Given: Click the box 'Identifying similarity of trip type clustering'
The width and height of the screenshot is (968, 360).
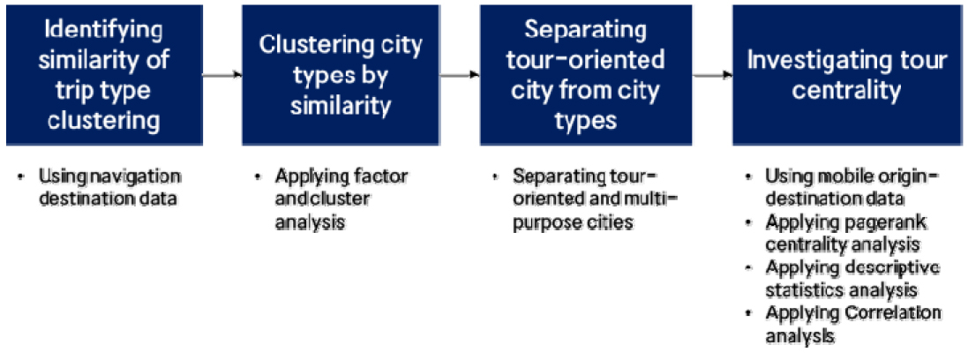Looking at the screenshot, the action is tap(104, 75).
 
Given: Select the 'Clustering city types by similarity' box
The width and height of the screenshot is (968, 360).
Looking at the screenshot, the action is tap(341, 75).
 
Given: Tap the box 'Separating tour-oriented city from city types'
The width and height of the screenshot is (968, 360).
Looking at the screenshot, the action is tap(585, 75).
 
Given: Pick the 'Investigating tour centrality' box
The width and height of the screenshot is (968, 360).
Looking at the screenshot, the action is tap(847, 75).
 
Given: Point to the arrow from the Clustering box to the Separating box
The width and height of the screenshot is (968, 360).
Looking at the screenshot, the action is tap(460, 75).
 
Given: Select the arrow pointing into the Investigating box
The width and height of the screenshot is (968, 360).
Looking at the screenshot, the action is tap(711, 75).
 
